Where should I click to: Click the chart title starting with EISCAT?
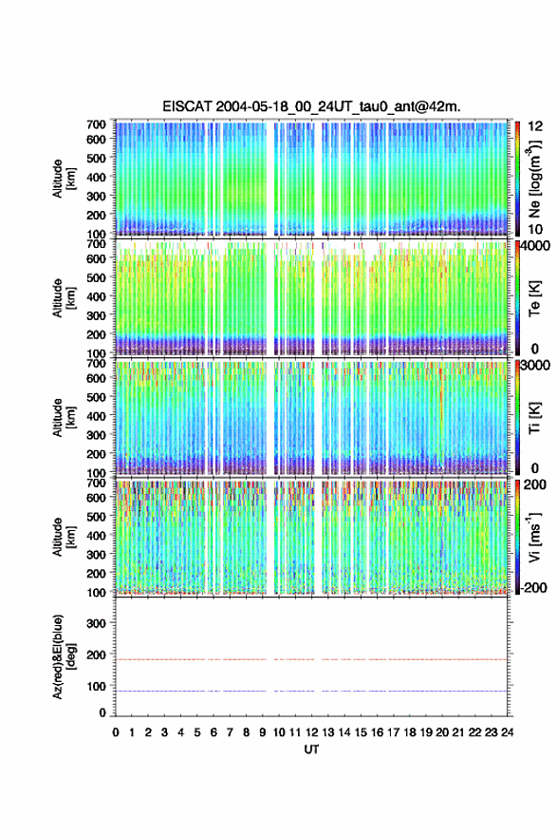coord(311,107)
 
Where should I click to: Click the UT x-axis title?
coord(311,750)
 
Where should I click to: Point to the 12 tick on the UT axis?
coord(311,732)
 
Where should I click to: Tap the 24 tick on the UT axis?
coord(507,732)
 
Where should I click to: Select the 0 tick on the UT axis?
coord(116,732)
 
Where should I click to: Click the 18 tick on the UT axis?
coord(410,732)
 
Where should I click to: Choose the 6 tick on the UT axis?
coord(214,732)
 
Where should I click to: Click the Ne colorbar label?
coord(535,180)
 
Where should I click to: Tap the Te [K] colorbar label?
coord(534,298)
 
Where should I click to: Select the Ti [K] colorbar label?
coord(534,418)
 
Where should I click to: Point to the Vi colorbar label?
coord(534,538)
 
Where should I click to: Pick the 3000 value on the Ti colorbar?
coord(535,366)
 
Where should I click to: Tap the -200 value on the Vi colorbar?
coord(532,588)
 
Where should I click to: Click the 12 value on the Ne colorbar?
coord(536,126)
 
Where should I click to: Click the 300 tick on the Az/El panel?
coord(97,623)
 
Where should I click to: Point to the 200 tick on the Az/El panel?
coord(97,655)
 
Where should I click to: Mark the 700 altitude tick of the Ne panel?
coord(97,124)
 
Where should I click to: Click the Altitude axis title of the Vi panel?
coord(58,537)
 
